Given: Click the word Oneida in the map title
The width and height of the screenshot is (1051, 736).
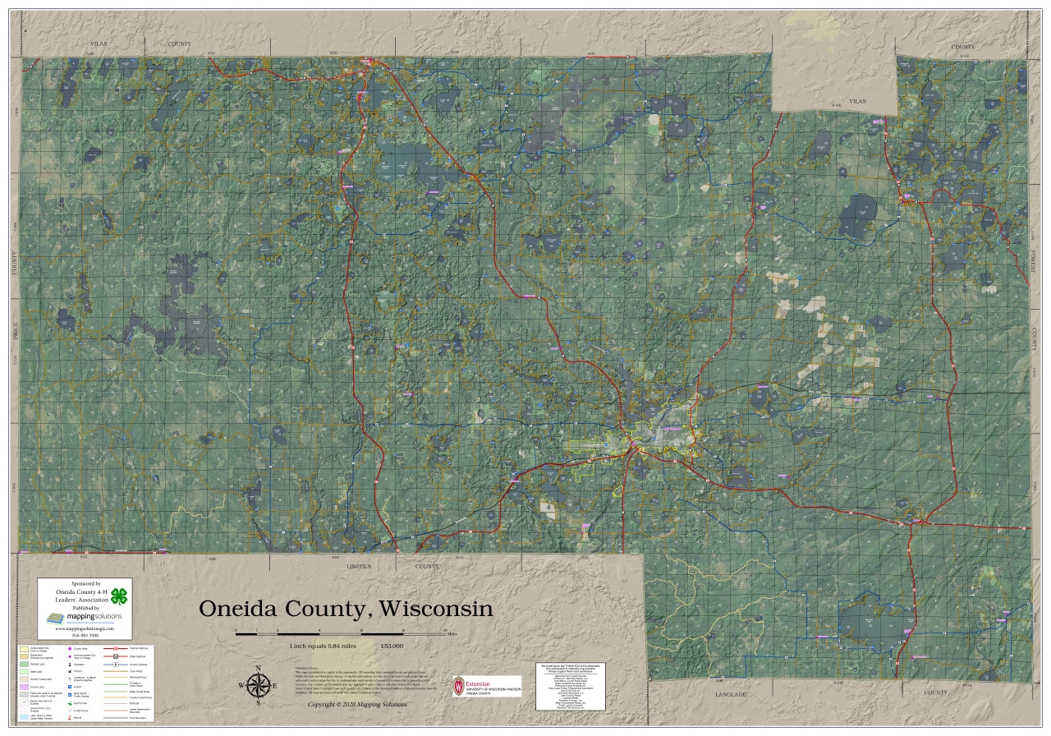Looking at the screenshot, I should pyautogui.click(x=244, y=609).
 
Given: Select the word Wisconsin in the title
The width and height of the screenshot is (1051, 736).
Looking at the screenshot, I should pyautogui.click(x=437, y=609).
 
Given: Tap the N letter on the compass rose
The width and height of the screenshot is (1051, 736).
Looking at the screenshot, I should pyautogui.click(x=259, y=668).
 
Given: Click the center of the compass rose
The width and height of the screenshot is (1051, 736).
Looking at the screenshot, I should pyautogui.click(x=258, y=684).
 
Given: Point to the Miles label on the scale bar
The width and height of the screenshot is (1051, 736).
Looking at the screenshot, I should pyautogui.click(x=452, y=634).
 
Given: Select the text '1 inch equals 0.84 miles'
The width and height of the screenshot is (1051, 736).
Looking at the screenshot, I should pyautogui.click(x=323, y=646).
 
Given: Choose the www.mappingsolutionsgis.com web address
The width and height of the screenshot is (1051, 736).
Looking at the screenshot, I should pyautogui.click(x=85, y=628).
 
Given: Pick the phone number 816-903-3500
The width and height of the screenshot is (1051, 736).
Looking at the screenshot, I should pyautogui.click(x=85, y=635).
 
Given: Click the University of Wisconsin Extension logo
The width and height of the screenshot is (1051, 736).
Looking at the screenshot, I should pyautogui.click(x=486, y=686).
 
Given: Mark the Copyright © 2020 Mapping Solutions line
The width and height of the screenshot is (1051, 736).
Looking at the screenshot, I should pyautogui.click(x=356, y=705).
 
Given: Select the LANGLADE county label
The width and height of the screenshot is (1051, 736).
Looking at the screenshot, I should pyautogui.click(x=730, y=695).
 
